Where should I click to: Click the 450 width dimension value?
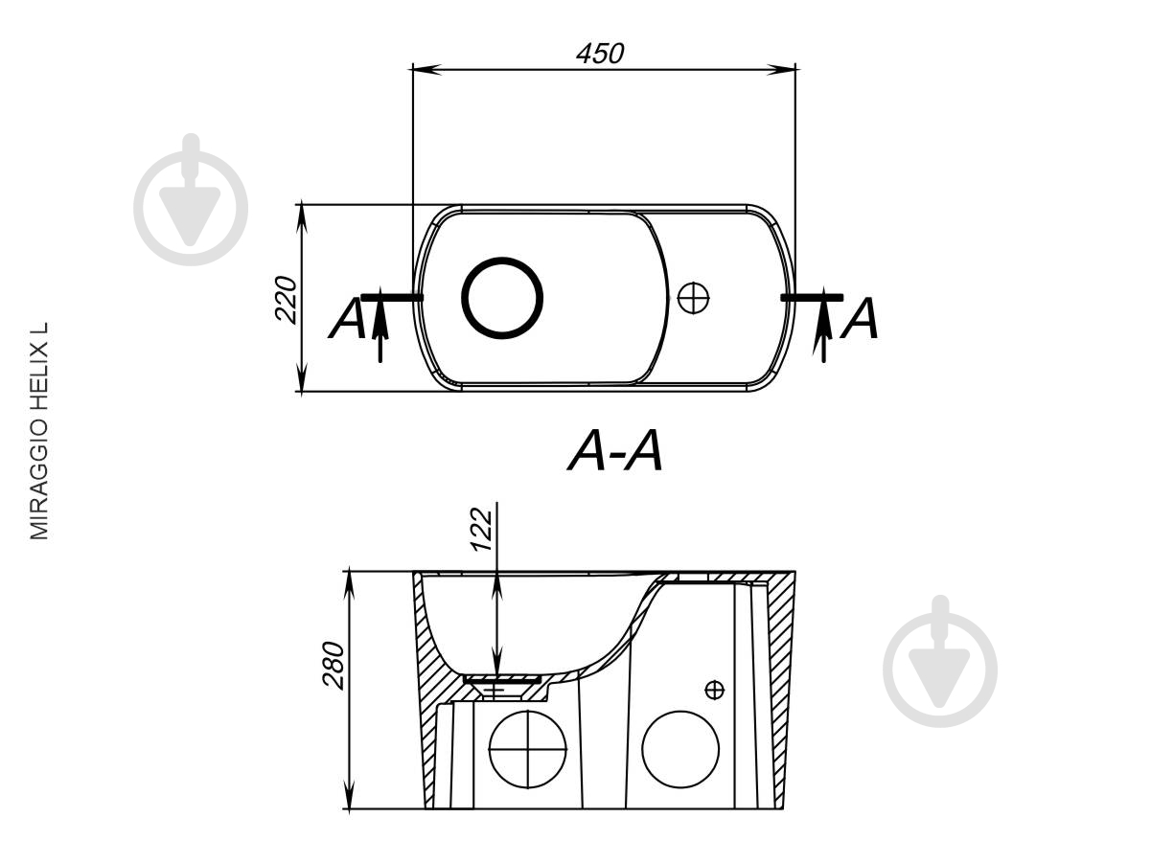click(600, 54)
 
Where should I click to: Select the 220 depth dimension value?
click(287, 299)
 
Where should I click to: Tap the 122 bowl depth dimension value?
click(482, 529)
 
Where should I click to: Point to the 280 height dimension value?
click(334, 665)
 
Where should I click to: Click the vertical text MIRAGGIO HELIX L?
click(39, 431)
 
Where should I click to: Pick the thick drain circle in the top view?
click(502, 298)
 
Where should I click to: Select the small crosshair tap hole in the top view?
click(693, 298)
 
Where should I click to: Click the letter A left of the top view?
click(347, 319)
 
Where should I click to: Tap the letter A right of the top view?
click(859, 319)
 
